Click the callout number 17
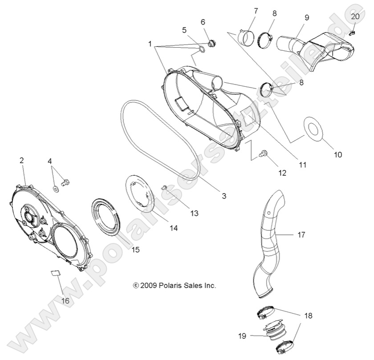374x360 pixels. point(301,235)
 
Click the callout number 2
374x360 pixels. point(22,161)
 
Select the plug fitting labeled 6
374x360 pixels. point(211,43)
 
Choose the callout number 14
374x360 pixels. point(174,228)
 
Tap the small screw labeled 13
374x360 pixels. point(163,188)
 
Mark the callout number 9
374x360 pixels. point(307,17)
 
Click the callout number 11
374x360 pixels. point(303,165)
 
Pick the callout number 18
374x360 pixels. point(308,316)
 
